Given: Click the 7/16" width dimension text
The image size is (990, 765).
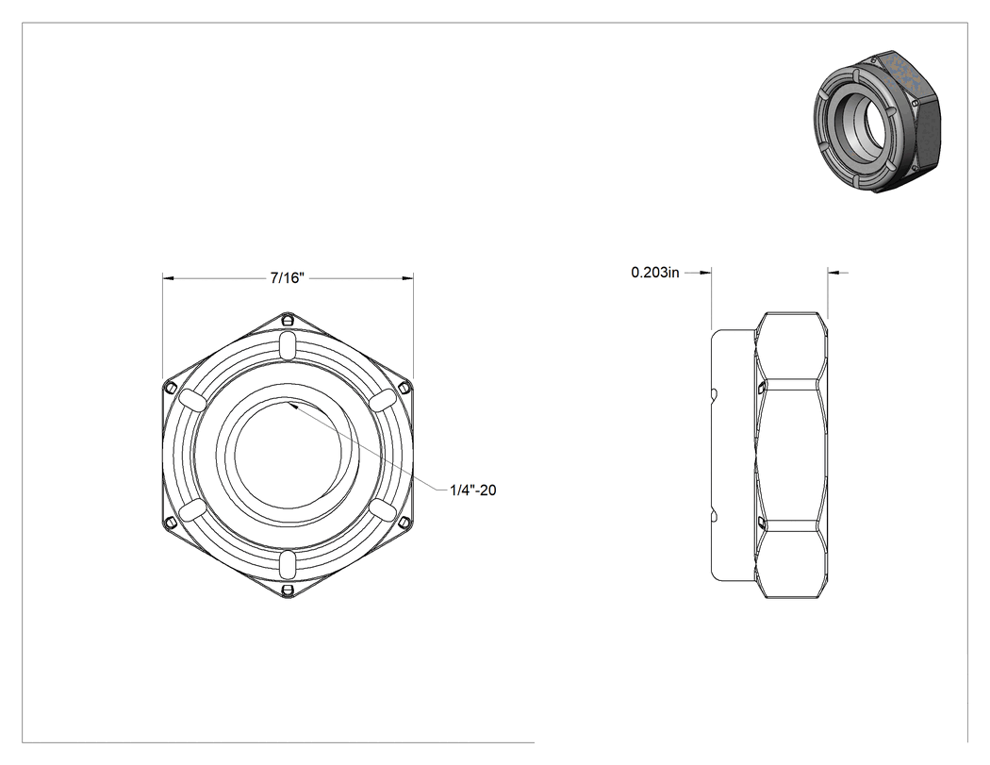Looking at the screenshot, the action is point(288,278).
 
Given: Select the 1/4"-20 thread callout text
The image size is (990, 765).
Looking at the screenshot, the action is point(473,490).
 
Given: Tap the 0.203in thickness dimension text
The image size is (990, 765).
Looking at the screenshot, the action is point(655,273).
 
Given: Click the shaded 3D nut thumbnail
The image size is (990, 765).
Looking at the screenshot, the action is point(878,120).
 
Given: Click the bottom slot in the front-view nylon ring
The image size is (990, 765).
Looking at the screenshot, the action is point(288,563).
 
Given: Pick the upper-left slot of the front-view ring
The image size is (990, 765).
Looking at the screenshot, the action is point(192,400).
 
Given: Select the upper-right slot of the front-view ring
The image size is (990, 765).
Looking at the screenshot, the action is point(383,400).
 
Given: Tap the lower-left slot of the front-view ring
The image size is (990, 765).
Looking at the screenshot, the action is point(192,509).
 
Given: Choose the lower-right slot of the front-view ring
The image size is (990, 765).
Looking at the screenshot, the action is point(383,509).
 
